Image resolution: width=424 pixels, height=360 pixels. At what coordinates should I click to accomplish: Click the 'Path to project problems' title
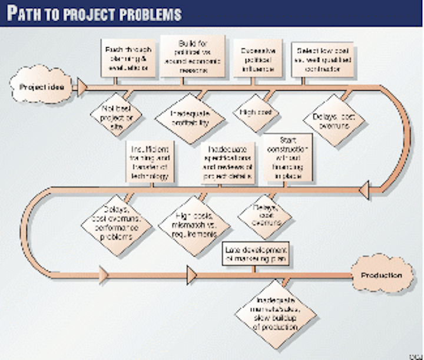tap(94, 13)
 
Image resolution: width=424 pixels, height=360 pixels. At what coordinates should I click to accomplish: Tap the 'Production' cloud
tap(382, 275)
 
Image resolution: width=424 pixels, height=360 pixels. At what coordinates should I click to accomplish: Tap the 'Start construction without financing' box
tap(288, 158)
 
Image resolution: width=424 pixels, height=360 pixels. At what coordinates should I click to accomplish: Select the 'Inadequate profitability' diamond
tap(188, 118)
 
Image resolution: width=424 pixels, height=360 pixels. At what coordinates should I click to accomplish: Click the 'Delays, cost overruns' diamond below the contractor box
tap(334, 121)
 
